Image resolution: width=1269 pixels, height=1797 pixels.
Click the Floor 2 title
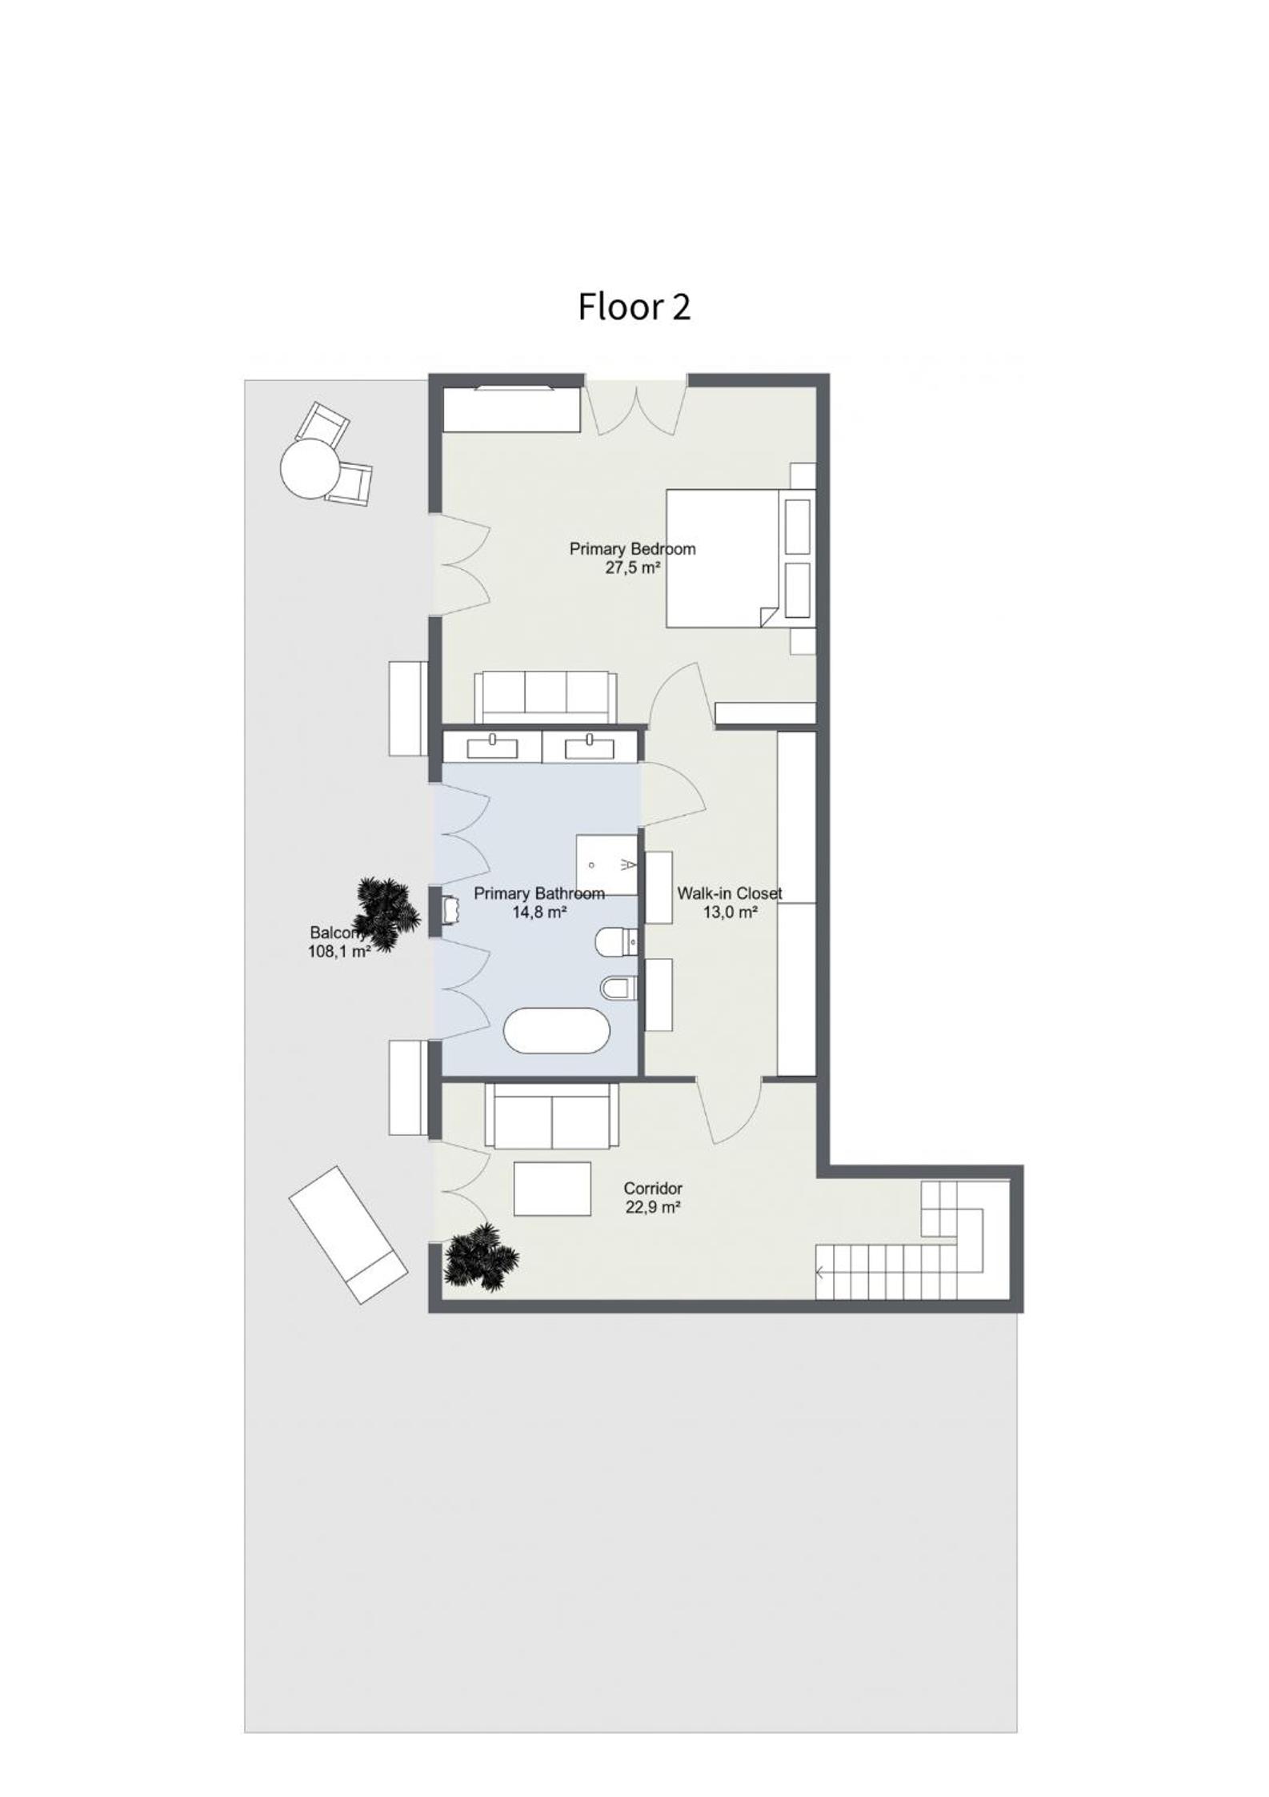coord(634,307)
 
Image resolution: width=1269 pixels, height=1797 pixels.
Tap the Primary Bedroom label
coord(632,549)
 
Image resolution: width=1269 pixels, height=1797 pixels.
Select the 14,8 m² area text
coord(539,912)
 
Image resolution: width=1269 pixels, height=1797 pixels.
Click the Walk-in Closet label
coord(729,893)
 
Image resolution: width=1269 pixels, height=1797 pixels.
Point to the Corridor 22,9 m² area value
coord(653,1208)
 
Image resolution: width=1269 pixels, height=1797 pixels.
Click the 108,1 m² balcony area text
coord(339,952)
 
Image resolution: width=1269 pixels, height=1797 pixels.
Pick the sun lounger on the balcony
coord(347,1235)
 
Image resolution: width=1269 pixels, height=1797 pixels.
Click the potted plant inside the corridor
coord(479,1257)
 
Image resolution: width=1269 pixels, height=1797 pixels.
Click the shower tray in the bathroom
coord(607,864)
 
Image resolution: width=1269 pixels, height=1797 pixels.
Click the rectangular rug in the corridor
coord(552,1189)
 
